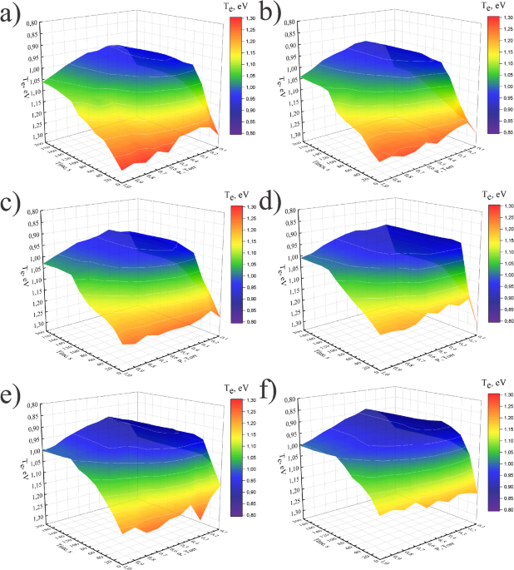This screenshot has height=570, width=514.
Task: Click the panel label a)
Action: coord(14,16)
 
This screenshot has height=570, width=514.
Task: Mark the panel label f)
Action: coord(269,394)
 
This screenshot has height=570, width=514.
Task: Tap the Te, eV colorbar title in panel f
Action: coord(485,384)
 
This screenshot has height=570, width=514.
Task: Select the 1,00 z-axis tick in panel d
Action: coord(290,259)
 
